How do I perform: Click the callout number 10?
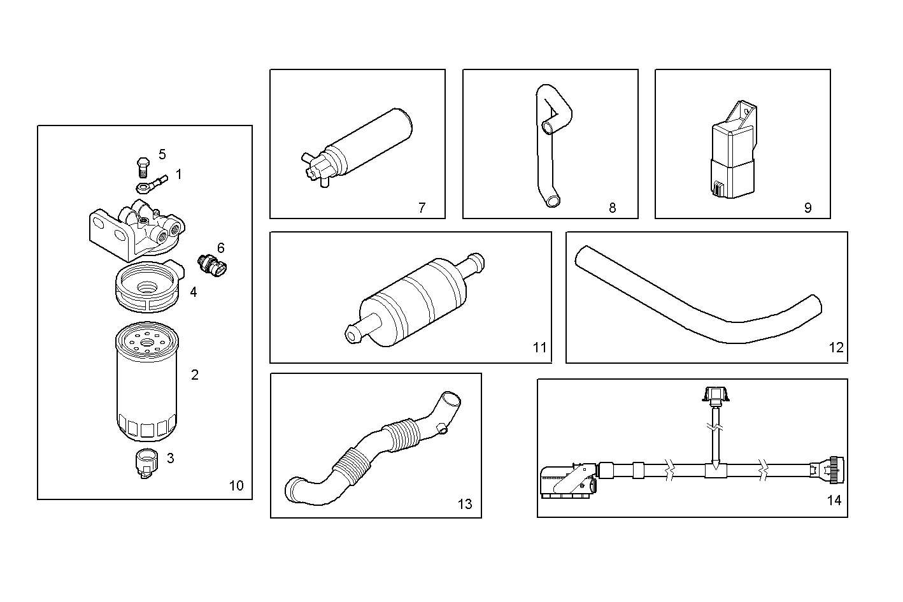click(x=236, y=485)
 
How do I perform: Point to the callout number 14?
click(x=834, y=500)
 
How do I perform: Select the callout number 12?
click(x=835, y=347)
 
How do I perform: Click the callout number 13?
click(x=465, y=504)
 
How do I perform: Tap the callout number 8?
click(x=612, y=208)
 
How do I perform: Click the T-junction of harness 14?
click(x=715, y=470)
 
